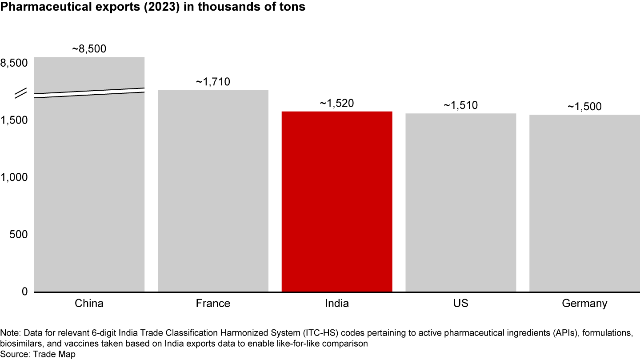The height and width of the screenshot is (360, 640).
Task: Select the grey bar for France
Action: pos(213,191)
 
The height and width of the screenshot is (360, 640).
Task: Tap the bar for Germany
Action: pos(584,203)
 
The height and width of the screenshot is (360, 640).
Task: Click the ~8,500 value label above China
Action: pos(89,49)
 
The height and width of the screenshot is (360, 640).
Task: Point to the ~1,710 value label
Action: pos(213,82)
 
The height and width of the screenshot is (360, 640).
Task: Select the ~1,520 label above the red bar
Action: pos(337,104)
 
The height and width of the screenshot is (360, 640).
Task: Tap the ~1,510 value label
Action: pos(460,106)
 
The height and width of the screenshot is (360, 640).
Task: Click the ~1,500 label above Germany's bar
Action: pos(584,107)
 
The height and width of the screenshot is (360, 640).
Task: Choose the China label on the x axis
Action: pos(89,304)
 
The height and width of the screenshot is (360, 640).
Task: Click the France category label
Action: pos(213,304)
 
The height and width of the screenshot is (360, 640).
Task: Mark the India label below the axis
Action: pos(337,304)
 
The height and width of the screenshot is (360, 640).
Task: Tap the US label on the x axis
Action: pos(460,304)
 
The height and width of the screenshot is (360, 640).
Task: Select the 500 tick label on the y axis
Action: pos(18,234)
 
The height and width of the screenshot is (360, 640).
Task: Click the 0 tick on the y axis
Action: pos(24,292)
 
